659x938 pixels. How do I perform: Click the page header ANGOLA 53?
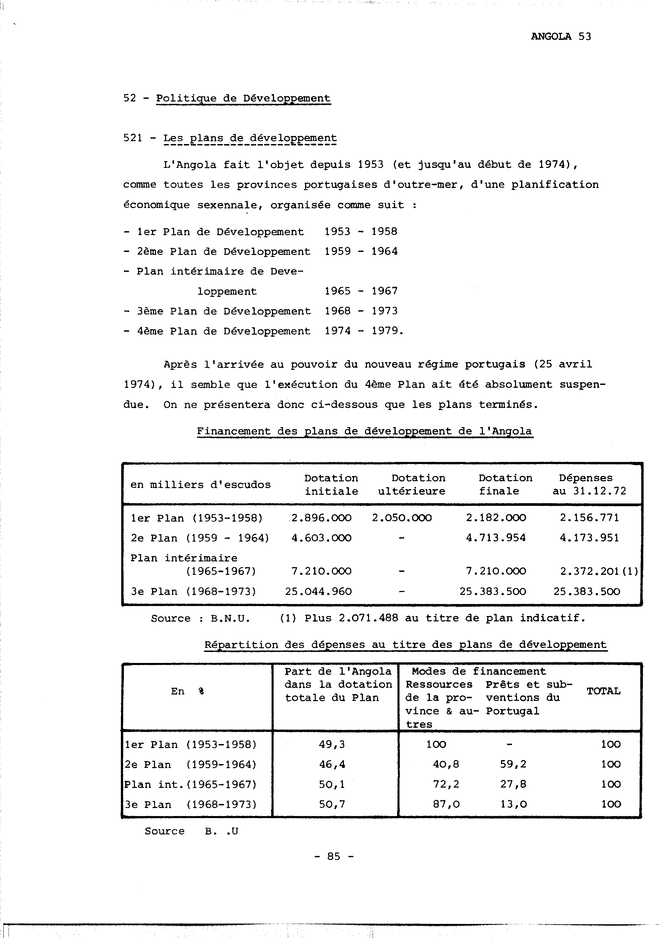tap(561, 37)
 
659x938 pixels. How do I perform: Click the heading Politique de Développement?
tap(243, 98)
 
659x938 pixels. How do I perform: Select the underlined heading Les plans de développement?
tap(250, 138)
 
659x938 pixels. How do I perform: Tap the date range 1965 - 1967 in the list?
tap(361, 291)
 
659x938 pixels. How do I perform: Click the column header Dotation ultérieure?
tap(412, 484)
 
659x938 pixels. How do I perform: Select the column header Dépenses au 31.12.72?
tap(589, 484)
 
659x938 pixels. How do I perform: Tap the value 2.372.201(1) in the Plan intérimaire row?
tap(598, 572)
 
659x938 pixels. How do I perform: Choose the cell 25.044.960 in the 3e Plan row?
tap(318, 592)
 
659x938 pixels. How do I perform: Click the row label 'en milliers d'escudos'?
tap(201, 485)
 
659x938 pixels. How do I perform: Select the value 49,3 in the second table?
tap(332, 744)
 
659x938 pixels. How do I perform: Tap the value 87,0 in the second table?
tap(446, 804)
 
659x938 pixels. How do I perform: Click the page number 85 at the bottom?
tap(334, 856)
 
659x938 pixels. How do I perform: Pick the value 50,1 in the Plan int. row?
tap(332, 784)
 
